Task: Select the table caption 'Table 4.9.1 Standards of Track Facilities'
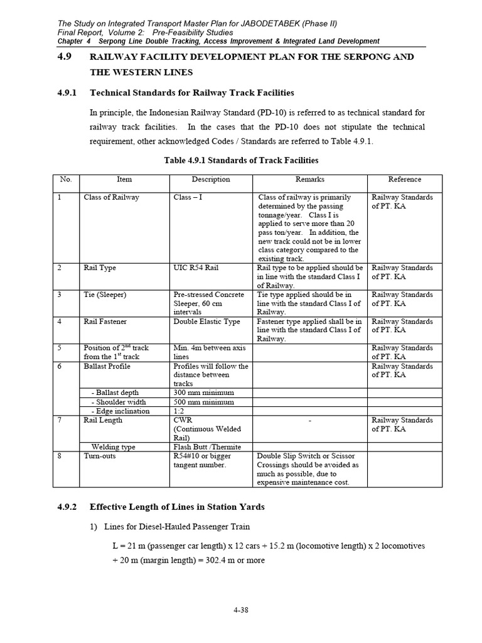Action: click(241, 161)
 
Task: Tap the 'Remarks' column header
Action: click(310, 180)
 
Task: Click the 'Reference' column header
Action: click(404, 180)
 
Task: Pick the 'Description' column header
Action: click(211, 180)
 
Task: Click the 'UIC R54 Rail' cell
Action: click(196, 268)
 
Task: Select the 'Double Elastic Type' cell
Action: click(206, 321)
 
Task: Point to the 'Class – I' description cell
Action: click(188, 197)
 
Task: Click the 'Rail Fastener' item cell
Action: click(105, 321)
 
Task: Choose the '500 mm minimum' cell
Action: click(203, 402)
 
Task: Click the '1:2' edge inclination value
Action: click(179, 411)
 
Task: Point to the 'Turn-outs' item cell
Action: click(99, 457)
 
